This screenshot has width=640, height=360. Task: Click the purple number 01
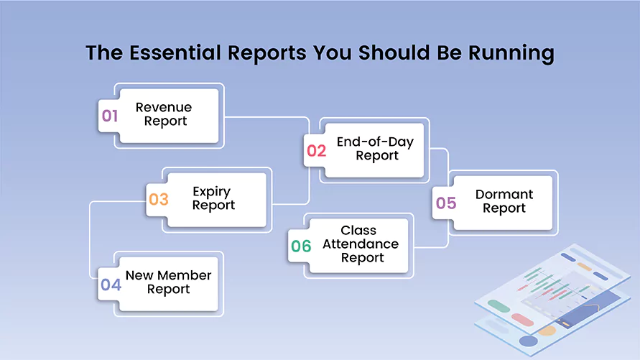(x=109, y=116)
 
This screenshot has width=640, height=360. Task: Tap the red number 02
(x=316, y=150)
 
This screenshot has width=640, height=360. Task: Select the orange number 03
(x=158, y=199)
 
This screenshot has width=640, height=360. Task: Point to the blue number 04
(x=111, y=285)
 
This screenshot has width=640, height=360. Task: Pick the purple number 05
(x=445, y=203)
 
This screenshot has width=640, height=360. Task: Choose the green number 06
(x=301, y=246)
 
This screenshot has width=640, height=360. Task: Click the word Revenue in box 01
(x=164, y=107)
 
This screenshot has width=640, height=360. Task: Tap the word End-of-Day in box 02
(x=375, y=142)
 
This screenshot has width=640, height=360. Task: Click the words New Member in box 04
(x=168, y=275)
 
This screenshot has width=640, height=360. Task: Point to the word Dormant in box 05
(x=504, y=195)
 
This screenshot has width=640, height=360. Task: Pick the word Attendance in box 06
(x=361, y=244)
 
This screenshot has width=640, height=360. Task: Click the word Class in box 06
(x=358, y=231)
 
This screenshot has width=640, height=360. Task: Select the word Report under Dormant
(x=504, y=208)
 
